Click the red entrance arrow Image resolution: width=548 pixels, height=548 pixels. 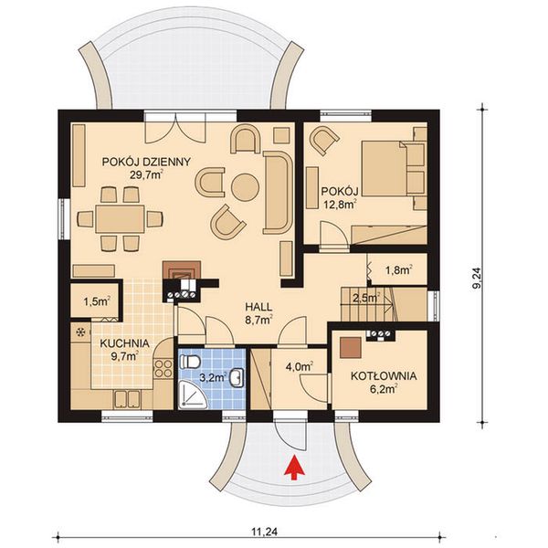[x=293, y=467]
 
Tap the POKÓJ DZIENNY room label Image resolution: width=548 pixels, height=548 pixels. [x=147, y=162]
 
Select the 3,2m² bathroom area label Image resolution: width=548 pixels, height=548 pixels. [x=212, y=374]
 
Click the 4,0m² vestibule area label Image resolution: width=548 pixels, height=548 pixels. [x=300, y=368]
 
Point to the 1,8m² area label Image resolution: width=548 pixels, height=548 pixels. [x=398, y=269]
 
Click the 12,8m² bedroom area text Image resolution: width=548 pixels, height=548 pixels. [x=338, y=205]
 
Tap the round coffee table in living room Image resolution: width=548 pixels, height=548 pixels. [x=245, y=187]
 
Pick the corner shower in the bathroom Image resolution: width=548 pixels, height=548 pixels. [x=194, y=395]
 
